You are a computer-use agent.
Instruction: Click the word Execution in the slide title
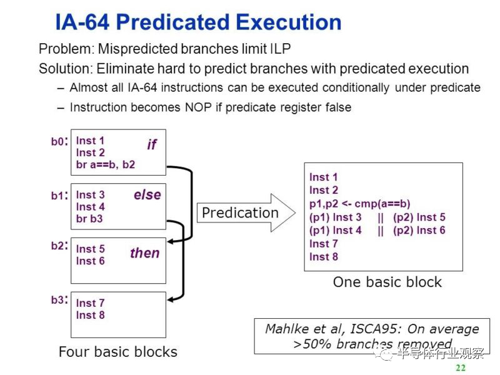click(289, 22)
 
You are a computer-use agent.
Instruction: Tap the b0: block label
click(59, 141)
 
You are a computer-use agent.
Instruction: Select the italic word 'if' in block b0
click(152, 144)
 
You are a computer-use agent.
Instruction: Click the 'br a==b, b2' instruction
click(106, 164)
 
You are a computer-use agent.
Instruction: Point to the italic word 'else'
click(147, 194)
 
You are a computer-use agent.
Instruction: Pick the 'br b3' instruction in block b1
click(89, 219)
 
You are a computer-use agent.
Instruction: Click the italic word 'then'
click(145, 253)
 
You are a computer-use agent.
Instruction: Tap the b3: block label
click(59, 300)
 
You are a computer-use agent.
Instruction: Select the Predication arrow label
click(241, 212)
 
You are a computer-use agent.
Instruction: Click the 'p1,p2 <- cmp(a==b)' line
click(360, 204)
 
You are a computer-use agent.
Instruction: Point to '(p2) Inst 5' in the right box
click(419, 217)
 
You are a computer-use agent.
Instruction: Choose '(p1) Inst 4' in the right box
click(336, 230)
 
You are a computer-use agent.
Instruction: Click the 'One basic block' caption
click(387, 282)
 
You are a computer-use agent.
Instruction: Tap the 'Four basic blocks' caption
click(118, 352)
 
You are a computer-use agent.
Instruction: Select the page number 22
click(461, 367)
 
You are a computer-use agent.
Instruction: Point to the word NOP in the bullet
click(198, 107)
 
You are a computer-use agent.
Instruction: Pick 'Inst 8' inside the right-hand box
click(324, 257)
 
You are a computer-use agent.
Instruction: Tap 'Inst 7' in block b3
click(90, 303)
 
